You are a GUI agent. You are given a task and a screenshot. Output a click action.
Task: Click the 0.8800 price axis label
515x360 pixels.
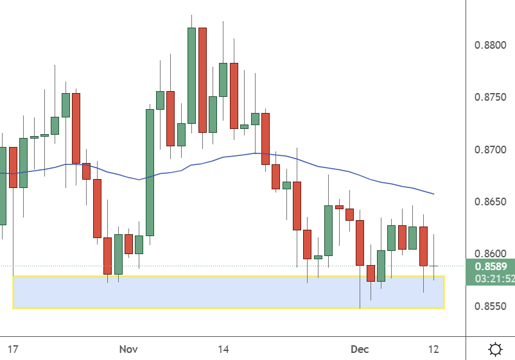pos(491,46)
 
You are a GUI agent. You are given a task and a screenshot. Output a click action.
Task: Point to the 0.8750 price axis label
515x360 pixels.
pos(491,98)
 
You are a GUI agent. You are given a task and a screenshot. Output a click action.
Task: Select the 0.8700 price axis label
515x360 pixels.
pos(491,150)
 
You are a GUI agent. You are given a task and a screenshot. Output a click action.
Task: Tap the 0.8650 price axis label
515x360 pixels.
pos(491,202)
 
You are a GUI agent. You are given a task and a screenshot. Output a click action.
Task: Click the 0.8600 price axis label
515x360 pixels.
pos(491,254)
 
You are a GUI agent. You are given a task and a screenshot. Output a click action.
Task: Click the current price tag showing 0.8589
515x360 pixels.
pos(491,266)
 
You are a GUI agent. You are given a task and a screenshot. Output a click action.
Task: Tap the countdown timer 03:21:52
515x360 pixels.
pos(493,279)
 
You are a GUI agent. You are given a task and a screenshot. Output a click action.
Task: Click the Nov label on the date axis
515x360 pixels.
pos(128,350)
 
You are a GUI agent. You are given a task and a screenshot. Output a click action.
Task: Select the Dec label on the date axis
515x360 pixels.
pos(360,350)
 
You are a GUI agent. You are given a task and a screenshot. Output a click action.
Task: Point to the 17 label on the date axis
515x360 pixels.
pos(12,350)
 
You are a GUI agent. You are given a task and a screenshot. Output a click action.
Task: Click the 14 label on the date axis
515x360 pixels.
pos(223,350)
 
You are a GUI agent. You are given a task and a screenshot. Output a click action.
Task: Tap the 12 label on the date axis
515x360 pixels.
pos(433,350)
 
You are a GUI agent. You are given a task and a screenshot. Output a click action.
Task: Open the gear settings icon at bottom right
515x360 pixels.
pos(495,350)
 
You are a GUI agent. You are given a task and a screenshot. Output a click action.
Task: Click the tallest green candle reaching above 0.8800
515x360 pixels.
pos(191,75)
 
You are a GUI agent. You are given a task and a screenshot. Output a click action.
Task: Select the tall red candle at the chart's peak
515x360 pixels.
pos(202,80)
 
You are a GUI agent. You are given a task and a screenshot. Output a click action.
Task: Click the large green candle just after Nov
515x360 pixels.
pos(150,172)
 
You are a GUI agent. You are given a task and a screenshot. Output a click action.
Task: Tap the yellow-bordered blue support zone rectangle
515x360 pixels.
pos(228,292)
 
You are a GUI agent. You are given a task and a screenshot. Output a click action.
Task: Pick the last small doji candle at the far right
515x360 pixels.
pos(434,266)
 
